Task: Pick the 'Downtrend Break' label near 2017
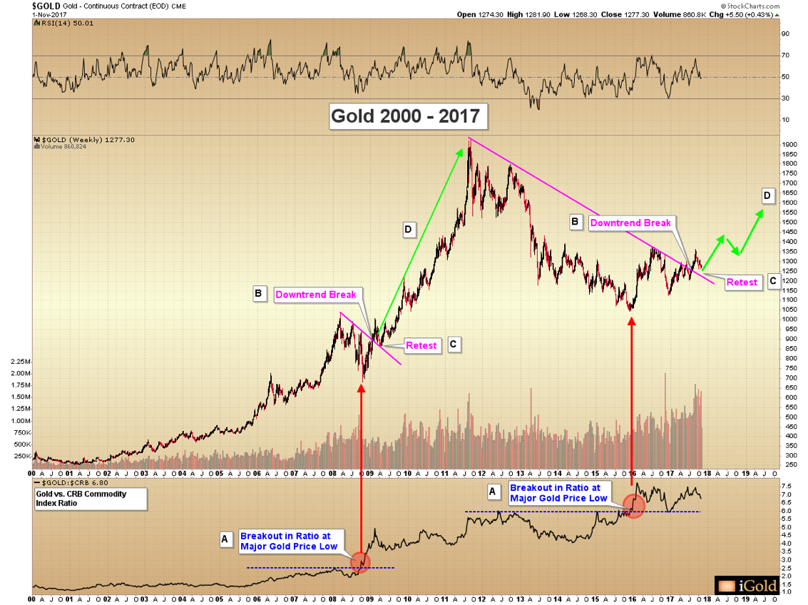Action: point(630,223)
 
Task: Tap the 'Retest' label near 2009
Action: point(421,345)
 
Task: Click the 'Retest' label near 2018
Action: point(742,283)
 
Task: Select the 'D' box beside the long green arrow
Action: point(409,229)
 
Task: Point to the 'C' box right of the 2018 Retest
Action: point(773,281)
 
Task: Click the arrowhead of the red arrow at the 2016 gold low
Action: point(631,320)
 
